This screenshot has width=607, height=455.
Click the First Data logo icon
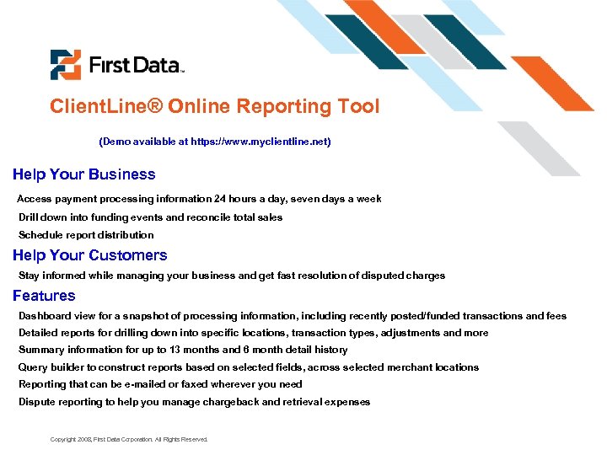[x=65, y=65]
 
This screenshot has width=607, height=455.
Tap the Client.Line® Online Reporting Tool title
[x=214, y=107]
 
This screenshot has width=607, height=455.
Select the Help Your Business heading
[x=83, y=174]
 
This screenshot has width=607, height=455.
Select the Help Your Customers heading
[x=89, y=255]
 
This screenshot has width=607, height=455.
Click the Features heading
[x=44, y=296]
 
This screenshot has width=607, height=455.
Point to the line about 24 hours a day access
[x=199, y=199]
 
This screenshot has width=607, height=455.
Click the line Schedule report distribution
[x=86, y=235]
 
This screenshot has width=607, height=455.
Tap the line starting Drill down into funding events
[x=150, y=217]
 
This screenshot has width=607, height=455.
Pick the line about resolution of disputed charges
[x=232, y=276]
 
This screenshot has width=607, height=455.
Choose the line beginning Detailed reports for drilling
[x=253, y=333]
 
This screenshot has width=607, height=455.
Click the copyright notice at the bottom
[x=129, y=440]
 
